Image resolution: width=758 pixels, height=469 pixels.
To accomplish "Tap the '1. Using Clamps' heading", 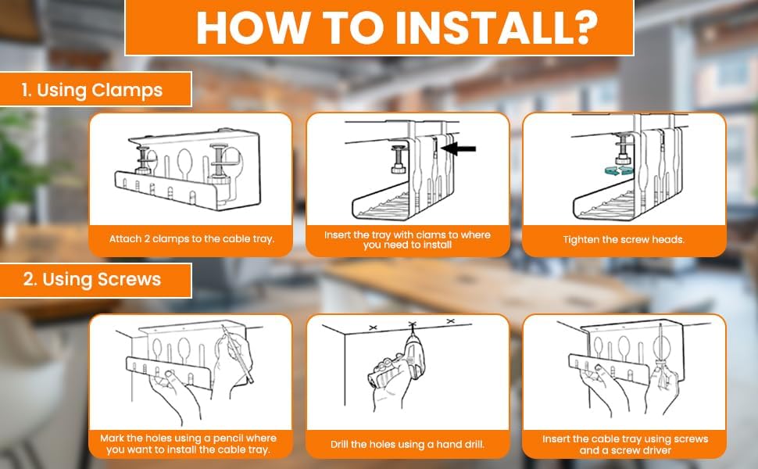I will tap(92, 90).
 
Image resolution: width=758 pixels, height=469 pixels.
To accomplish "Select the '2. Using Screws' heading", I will tap(93, 280).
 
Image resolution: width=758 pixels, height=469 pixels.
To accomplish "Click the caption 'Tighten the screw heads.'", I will tap(624, 239).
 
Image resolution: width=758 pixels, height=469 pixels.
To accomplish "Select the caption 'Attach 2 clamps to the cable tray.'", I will tap(191, 238).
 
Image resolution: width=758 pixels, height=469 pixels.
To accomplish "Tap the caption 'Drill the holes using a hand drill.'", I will tap(406, 444).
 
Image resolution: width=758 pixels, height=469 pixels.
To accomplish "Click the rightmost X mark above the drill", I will tap(449, 320).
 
